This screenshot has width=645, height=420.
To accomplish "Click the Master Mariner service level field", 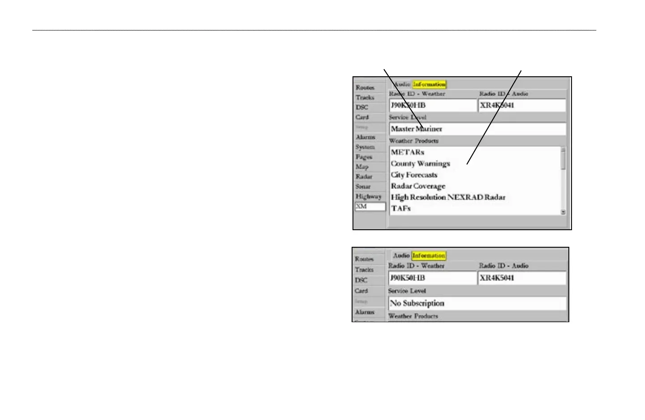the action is click(477, 129).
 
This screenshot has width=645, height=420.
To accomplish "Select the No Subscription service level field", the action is click(477, 303).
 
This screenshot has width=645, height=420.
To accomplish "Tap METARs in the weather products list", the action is click(407, 153).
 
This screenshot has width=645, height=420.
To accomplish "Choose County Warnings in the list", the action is click(420, 164).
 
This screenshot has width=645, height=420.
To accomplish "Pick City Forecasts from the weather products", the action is click(414, 175).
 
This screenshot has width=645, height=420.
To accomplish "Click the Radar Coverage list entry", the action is click(418, 186).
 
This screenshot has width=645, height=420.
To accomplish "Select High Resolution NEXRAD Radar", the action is click(448, 197).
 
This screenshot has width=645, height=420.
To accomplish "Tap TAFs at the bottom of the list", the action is click(400, 209).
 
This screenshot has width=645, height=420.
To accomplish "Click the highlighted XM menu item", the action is click(370, 206).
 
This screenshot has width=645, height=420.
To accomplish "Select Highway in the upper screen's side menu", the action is click(368, 197).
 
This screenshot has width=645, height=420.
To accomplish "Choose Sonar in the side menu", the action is click(363, 187).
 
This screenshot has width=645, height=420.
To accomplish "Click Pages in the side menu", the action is click(364, 157).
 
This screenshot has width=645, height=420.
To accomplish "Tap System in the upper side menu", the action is click(365, 147).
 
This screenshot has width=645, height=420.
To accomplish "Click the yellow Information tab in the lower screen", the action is click(429, 256).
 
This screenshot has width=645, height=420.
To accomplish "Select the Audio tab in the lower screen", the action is click(401, 256).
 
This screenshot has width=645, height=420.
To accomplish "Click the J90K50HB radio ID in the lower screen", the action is click(432, 278).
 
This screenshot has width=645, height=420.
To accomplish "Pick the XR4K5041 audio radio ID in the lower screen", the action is click(522, 278).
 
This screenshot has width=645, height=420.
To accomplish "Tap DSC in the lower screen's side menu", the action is click(361, 280).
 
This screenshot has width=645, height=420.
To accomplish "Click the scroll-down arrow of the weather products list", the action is click(563, 212).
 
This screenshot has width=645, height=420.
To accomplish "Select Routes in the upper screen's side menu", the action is click(365, 87).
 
